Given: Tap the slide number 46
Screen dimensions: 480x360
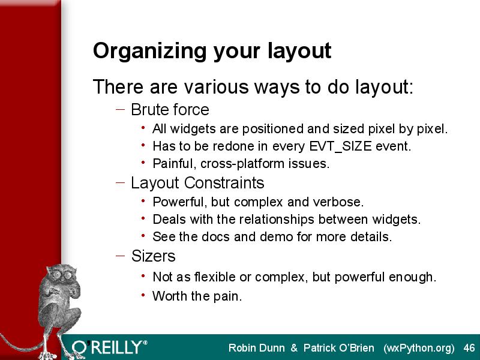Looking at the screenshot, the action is (469, 348).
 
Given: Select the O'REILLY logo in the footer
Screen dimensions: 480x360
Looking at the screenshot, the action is (109, 348).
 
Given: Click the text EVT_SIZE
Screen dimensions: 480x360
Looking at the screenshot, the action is (340, 146).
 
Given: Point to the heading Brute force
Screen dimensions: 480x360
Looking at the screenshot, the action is (170, 110).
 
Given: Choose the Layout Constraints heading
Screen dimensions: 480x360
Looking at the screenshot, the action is (197, 183).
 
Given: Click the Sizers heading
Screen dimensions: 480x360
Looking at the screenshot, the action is (154, 256).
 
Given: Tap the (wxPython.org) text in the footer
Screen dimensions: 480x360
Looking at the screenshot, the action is (419, 349).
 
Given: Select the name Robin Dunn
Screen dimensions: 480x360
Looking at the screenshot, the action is (257, 348).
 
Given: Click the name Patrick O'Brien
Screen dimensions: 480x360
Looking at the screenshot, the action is (338, 348).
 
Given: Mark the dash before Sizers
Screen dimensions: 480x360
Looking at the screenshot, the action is (121, 256).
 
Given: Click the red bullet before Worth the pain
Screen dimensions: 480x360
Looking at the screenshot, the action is (143, 295).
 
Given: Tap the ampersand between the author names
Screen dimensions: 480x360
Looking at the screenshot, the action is (294, 348).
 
